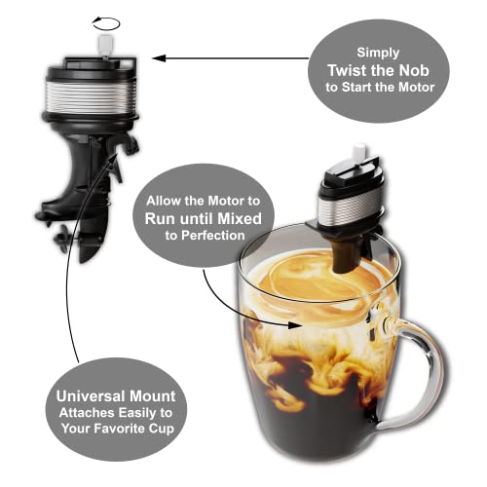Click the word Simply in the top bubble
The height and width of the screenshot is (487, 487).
tap(378, 53)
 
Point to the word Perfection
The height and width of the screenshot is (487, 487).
tap(212, 235)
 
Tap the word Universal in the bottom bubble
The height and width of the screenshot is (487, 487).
tap(90, 396)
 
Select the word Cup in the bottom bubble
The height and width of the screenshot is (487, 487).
tap(162, 429)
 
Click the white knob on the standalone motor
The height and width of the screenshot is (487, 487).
tap(106, 45)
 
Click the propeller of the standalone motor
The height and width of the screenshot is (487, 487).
tap(62, 239)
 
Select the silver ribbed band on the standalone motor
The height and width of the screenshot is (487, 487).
tap(91, 96)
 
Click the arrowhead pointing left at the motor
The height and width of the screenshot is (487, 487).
tap(159, 58)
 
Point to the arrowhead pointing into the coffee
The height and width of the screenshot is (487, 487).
tap(295, 325)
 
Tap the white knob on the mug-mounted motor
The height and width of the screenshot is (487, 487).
tap(360, 150)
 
